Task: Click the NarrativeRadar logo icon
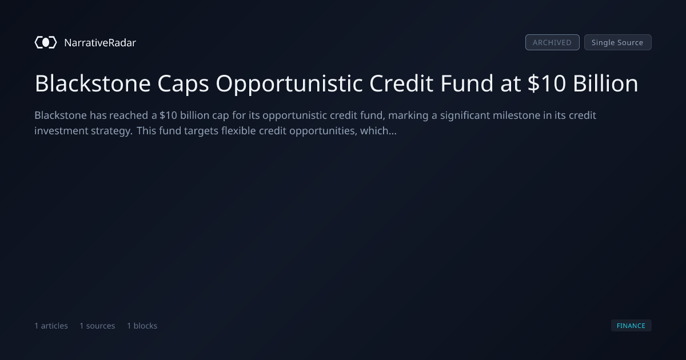point(46,42)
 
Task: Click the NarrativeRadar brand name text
point(100,42)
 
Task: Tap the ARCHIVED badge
point(552,42)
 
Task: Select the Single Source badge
point(618,42)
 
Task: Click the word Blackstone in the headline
point(93,83)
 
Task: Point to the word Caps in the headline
point(183,84)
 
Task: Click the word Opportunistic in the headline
point(289,84)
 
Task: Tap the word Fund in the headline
point(466,83)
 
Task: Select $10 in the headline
point(547,83)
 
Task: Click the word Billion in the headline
point(605,83)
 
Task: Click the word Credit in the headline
point(401,83)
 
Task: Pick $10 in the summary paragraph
point(168,115)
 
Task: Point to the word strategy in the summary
point(111,131)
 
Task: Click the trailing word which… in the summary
point(378,131)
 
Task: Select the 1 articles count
point(51,326)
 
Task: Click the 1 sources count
point(97,326)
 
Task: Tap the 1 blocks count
point(142,326)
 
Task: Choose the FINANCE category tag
point(631,326)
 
